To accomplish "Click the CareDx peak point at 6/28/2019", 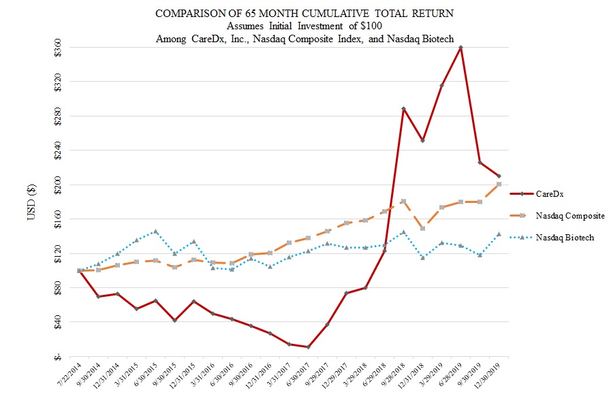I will pyautogui.click(x=461, y=48).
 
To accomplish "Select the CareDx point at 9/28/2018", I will pyautogui.click(x=404, y=109).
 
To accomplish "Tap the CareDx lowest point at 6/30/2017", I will pyautogui.click(x=309, y=347).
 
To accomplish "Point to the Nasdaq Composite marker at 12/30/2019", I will pyautogui.click(x=499, y=185).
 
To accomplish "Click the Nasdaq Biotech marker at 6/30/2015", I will pyautogui.click(x=156, y=232).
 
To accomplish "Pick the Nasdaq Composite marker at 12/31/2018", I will pyautogui.click(x=423, y=228).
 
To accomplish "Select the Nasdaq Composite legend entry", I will pyautogui.click(x=569, y=215).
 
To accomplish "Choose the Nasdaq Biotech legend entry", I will pyautogui.click(x=565, y=237).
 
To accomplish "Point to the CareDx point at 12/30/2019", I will pyautogui.click(x=499, y=176).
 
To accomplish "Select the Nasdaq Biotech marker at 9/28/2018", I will pyautogui.click(x=404, y=232).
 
